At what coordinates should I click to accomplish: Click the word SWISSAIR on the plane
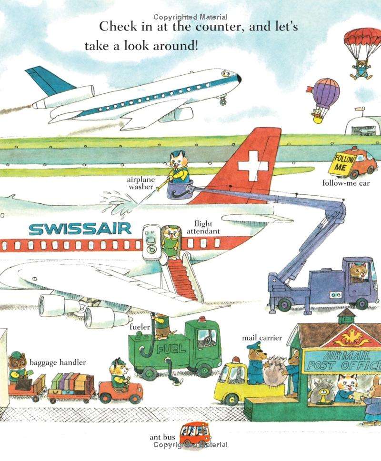tap(80, 229)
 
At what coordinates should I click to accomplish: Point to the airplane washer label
tap(140, 183)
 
